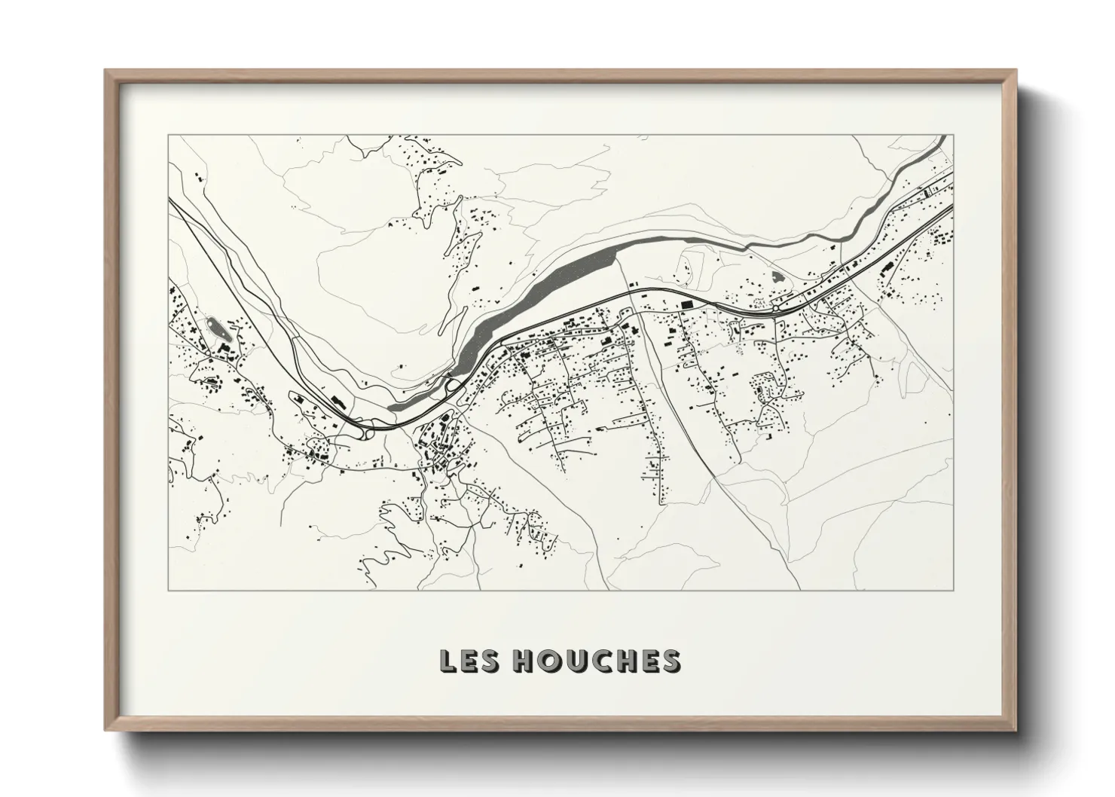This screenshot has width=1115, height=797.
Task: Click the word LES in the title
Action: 468,661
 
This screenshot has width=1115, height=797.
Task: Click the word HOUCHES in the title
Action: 596,661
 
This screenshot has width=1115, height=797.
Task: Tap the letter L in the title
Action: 448,661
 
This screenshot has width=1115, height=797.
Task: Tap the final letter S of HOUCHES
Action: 671,661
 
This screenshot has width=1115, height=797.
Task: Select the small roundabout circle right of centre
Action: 775,308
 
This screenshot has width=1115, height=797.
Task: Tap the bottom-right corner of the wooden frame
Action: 1016,729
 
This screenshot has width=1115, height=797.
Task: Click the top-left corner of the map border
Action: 168,136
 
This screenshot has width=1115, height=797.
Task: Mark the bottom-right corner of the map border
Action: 954,590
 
